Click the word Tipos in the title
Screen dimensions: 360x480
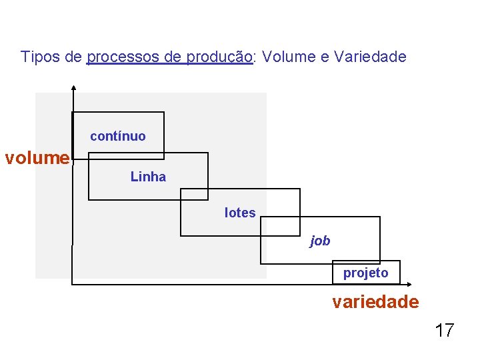(x=41, y=57)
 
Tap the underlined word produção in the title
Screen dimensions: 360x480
(x=219, y=57)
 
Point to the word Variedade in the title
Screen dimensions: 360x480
(x=370, y=57)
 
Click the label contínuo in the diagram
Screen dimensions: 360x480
(x=117, y=136)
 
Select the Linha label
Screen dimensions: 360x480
(x=148, y=177)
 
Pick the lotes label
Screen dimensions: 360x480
(x=240, y=213)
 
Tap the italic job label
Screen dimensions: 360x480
(x=320, y=241)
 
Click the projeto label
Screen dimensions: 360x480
(x=365, y=273)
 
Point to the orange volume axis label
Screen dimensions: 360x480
(x=37, y=158)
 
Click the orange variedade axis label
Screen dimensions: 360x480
(x=376, y=302)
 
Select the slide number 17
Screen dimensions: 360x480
(x=445, y=329)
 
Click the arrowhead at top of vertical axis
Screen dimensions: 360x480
(x=73, y=87)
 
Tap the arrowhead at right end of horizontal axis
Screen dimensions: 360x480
(x=409, y=285)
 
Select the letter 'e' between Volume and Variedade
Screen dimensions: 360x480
(x=325, y=57)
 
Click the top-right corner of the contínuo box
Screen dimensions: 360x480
(x=163, y=112)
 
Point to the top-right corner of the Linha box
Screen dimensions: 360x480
(x=207, y=153)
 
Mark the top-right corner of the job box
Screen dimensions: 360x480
(x=379, y=217)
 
